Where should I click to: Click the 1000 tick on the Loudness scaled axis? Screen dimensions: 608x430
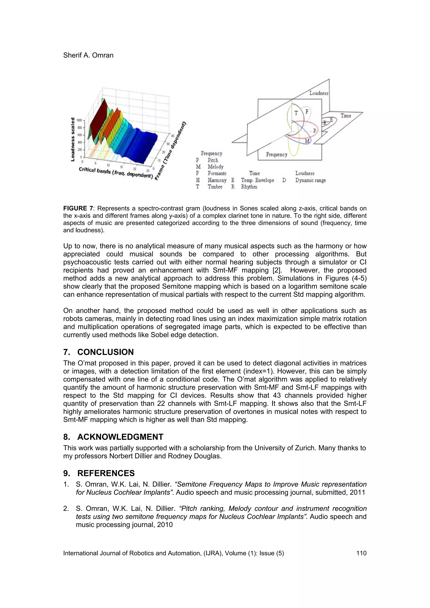coord(79,120)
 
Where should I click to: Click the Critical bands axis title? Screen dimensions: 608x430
coord(116,173)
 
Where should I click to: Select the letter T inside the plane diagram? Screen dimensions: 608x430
coord(296,113)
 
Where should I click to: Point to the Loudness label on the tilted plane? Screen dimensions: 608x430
coord(319,93)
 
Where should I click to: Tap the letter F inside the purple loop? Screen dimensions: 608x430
coord(307,111)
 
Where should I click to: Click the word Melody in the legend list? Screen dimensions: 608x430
coord(215,167)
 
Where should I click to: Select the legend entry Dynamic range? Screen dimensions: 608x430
coord(311,180)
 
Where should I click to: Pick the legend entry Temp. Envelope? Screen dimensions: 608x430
coord(257,180)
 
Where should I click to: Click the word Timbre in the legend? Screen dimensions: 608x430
coord(215,187)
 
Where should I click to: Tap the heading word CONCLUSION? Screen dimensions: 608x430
coord(105,352)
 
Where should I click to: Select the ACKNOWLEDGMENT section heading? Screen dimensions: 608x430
coord(120,437)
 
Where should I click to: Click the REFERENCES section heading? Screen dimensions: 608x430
coord(106,473)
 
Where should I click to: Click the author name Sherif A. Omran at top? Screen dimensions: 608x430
coord(88,55)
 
